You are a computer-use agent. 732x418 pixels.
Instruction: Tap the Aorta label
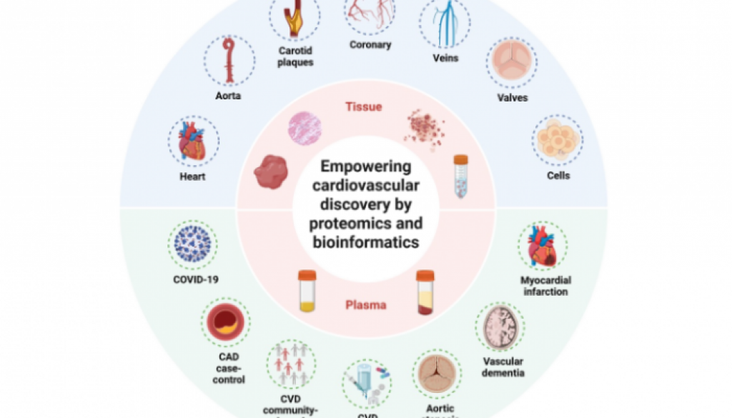click(x=229, y=96)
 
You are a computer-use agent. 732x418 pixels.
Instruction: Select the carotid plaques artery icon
click(x=294, y=20)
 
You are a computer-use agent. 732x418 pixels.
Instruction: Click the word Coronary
click(x=370, y=45)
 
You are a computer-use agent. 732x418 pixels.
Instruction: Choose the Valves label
click(x=513, y=97)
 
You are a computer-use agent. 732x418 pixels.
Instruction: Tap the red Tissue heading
click(x=365, y=106)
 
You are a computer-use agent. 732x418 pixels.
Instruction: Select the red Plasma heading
click(x=366, y=305)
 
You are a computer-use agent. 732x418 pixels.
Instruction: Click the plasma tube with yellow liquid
click(x=307, y=290)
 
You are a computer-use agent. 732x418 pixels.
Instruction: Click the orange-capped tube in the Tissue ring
click(x=460, y=176)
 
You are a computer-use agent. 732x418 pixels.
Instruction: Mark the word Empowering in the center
click(x=366, y=166)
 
